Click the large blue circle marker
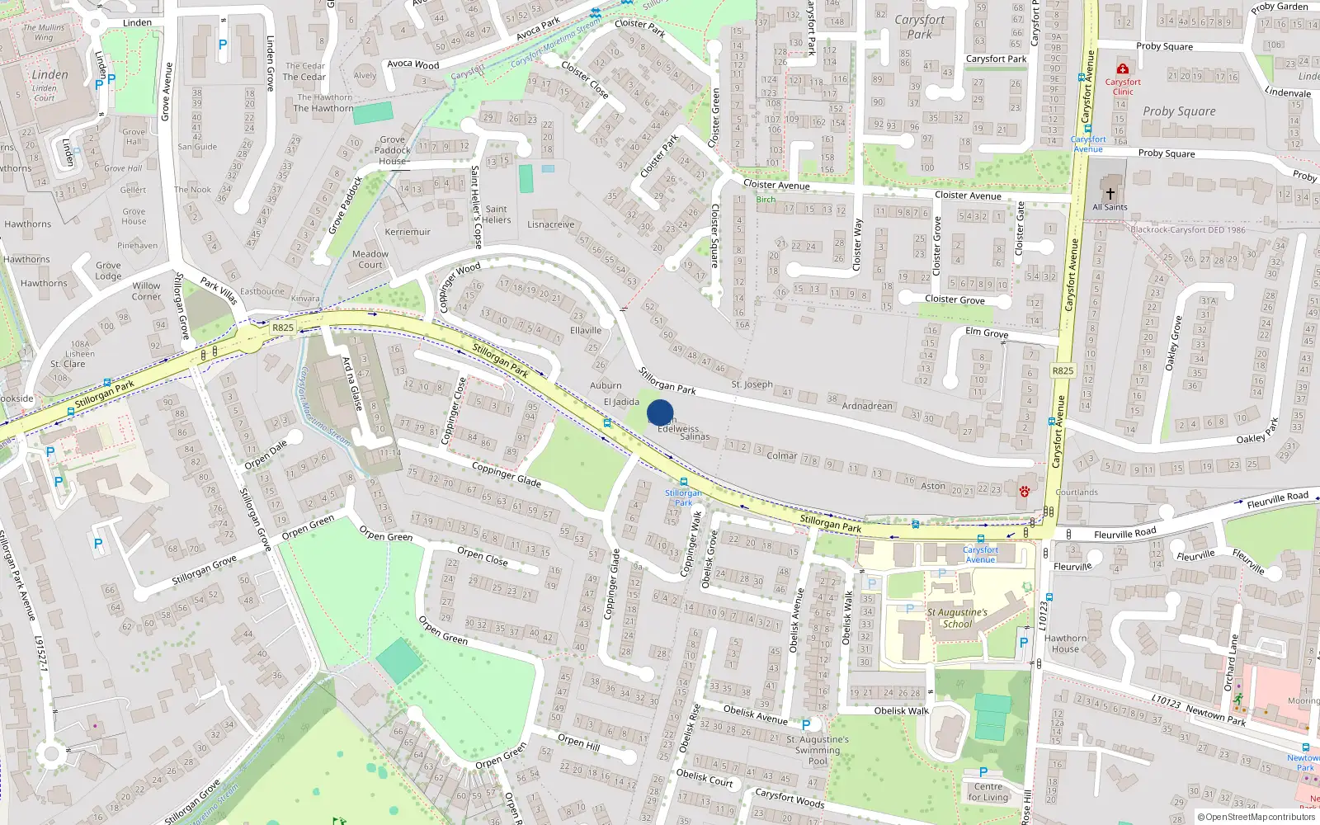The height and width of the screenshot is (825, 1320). point(660,412)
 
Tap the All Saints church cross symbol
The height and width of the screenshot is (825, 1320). point(1110,194)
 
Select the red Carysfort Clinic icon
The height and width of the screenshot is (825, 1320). point(1123,68)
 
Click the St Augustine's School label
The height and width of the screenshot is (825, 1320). point(957,618)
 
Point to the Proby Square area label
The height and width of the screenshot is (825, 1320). point(1179,111)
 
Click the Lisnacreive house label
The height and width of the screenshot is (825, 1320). point(551,224)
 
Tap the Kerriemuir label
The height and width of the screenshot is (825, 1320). point(408,232)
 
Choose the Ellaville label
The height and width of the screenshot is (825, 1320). point(586,330)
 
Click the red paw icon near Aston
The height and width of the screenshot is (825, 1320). point(1024,492)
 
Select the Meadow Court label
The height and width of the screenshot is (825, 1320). point(370,259)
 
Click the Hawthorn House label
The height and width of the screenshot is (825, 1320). point(1065,643)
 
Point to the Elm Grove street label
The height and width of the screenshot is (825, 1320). point(987,332)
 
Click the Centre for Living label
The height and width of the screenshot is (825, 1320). point(988,791)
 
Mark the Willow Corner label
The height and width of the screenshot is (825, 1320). point(147,291)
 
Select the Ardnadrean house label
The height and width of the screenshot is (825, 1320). point(867,406)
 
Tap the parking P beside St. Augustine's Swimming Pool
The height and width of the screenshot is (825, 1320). point(806,724)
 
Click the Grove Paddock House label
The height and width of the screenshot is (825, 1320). point(393,150)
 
